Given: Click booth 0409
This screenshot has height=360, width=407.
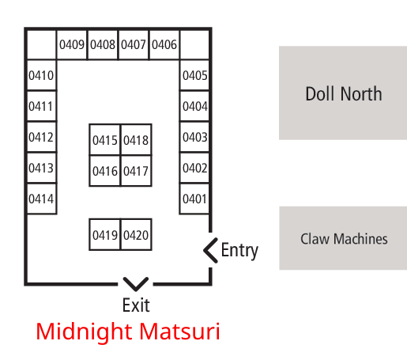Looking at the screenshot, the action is tap(72, 44).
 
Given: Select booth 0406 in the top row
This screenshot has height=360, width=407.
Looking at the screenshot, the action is tap(164, 44).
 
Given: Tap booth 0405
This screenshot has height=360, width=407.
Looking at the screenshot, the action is tap(194, 75).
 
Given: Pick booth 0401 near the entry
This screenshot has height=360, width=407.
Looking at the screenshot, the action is tap(194, 199).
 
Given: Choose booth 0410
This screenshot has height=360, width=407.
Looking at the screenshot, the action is tap(41, 75).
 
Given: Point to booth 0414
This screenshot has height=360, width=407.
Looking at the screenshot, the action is tap(41, 199).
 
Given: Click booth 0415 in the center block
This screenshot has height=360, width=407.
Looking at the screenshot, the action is tap(105, 140).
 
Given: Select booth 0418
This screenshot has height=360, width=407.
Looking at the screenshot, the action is tap(136, 140).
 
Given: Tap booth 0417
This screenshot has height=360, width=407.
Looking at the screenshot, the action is tap(136, 171).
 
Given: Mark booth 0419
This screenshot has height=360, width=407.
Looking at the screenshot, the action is tap(105, 235).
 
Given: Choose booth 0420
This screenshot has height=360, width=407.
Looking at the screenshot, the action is tap(136, 235).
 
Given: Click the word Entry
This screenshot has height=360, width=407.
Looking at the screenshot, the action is tap(239, 251).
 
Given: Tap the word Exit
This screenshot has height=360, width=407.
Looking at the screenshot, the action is tap(136, 305).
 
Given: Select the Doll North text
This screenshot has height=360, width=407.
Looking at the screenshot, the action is tap(344, 93).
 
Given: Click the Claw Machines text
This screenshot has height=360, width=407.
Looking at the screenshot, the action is tap(344, 239).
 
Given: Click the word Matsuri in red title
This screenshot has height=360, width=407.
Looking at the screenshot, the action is tap(179, 331).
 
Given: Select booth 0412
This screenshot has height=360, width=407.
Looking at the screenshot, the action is tap(41, 137).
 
